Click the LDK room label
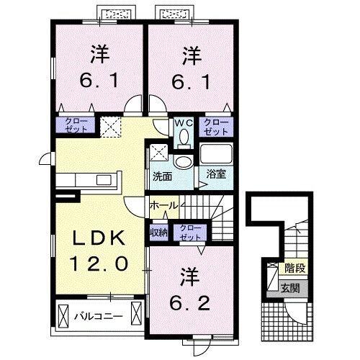tap(100, 238)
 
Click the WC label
tap(183, 122)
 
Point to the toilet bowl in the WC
tap(184, 135)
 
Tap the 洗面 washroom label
tap(161, 176)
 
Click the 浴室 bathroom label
tap(215, 174)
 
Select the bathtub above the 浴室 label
tap(215, 155)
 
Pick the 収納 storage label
tap(158, 232)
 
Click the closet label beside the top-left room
tap(75, 125)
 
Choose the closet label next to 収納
tap(190, 232)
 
